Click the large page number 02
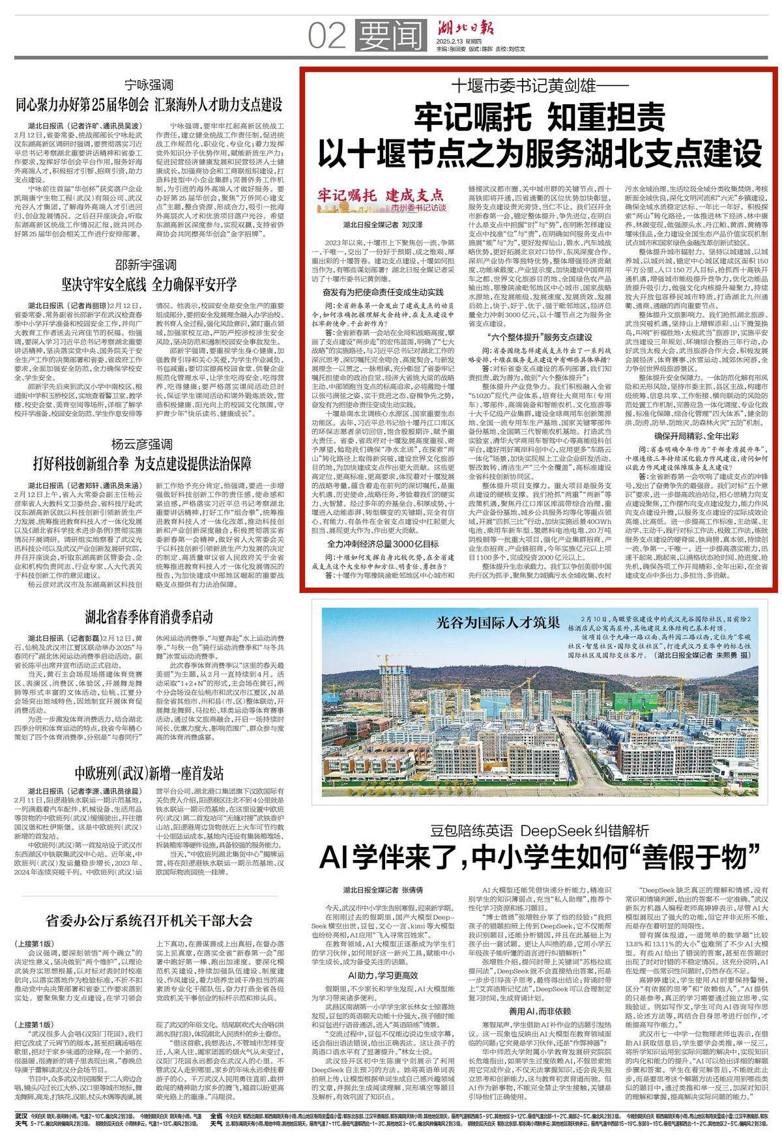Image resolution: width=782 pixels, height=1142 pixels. point(330,35)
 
